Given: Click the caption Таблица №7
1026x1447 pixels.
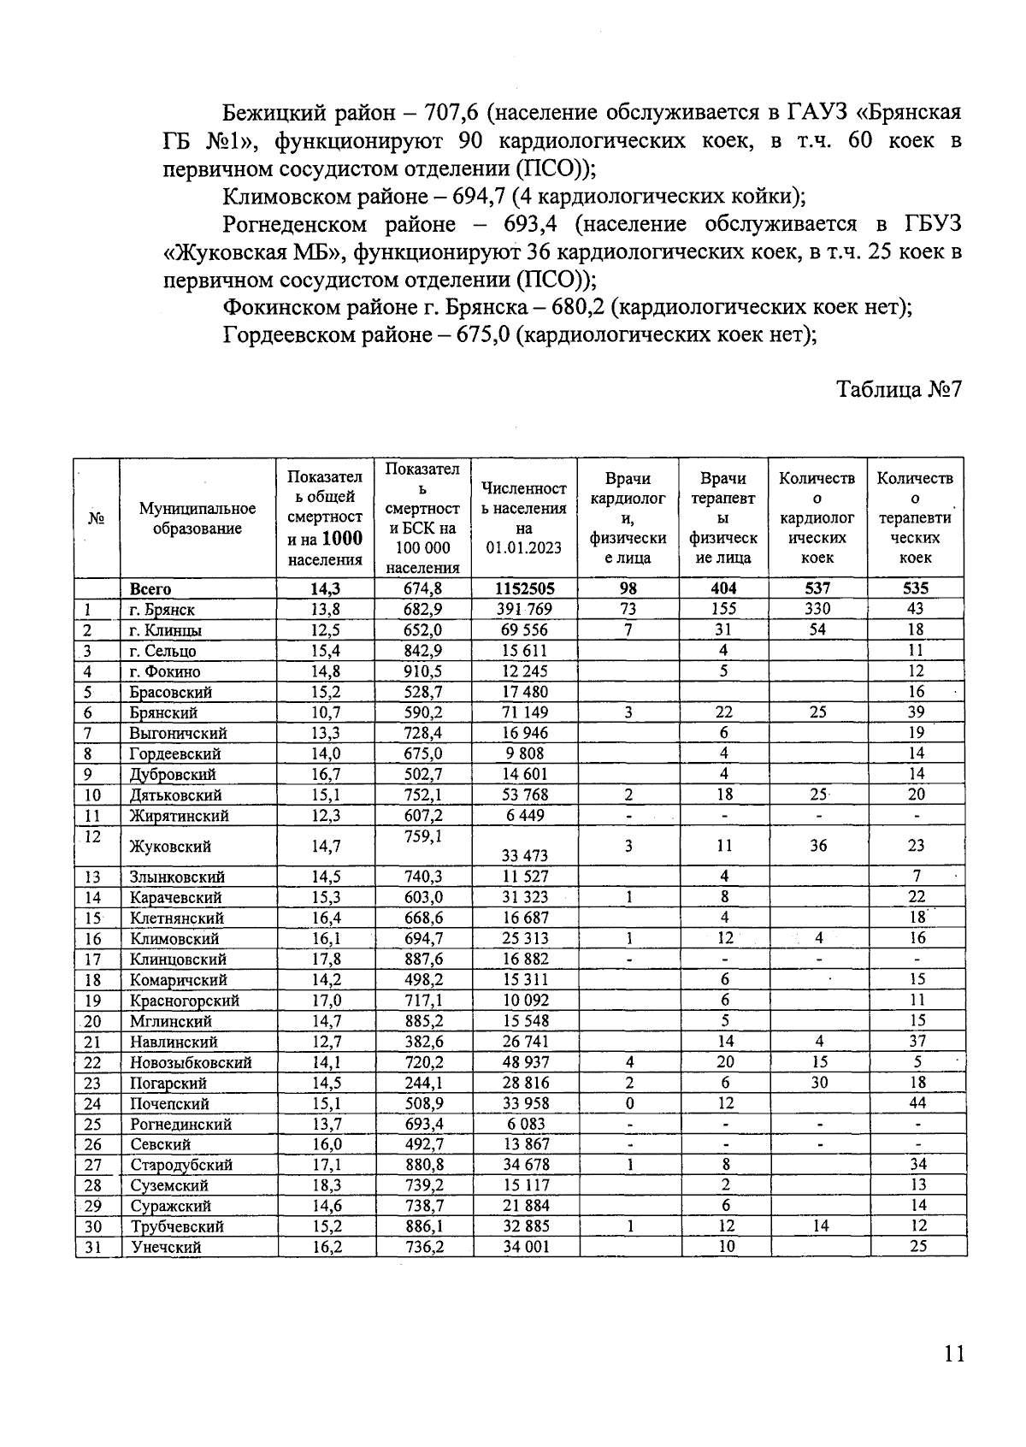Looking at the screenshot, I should (899, 389).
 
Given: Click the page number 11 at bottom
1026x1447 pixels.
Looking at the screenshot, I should (954, 1354).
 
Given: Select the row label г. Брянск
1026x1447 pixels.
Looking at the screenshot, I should (162, 610).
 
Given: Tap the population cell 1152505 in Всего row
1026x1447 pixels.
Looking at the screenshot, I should (524, 588).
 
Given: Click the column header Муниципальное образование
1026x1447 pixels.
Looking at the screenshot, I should (198, 519).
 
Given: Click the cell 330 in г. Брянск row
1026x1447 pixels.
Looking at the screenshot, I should (817, 609).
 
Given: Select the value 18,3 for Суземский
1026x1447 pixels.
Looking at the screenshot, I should (326, 1185).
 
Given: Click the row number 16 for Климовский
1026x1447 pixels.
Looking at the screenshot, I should (93, 939).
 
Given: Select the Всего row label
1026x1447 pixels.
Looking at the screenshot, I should (150, 589).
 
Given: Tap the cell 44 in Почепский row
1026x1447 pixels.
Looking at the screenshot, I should (916, 1103).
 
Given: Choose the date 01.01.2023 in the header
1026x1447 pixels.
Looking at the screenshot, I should (524, 547).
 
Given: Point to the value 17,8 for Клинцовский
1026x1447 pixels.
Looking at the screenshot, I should (326, 960).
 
